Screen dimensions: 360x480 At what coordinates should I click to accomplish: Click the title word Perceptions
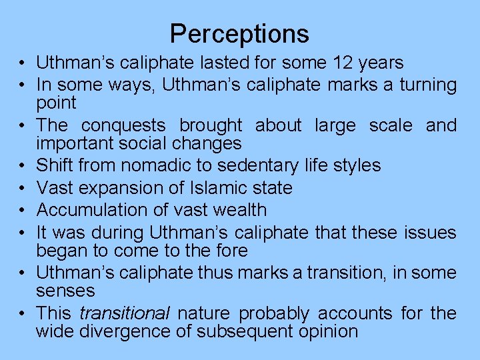click(239, 33)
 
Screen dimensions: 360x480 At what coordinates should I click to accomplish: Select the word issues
click(430, 233)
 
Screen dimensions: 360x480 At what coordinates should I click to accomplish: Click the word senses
click(65, 291)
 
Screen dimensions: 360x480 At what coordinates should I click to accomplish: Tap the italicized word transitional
click(125, 313)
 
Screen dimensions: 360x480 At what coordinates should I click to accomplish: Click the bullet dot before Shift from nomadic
click(23, 165)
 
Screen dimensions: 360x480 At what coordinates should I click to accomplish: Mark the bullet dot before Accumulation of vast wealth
click(23, 211)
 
